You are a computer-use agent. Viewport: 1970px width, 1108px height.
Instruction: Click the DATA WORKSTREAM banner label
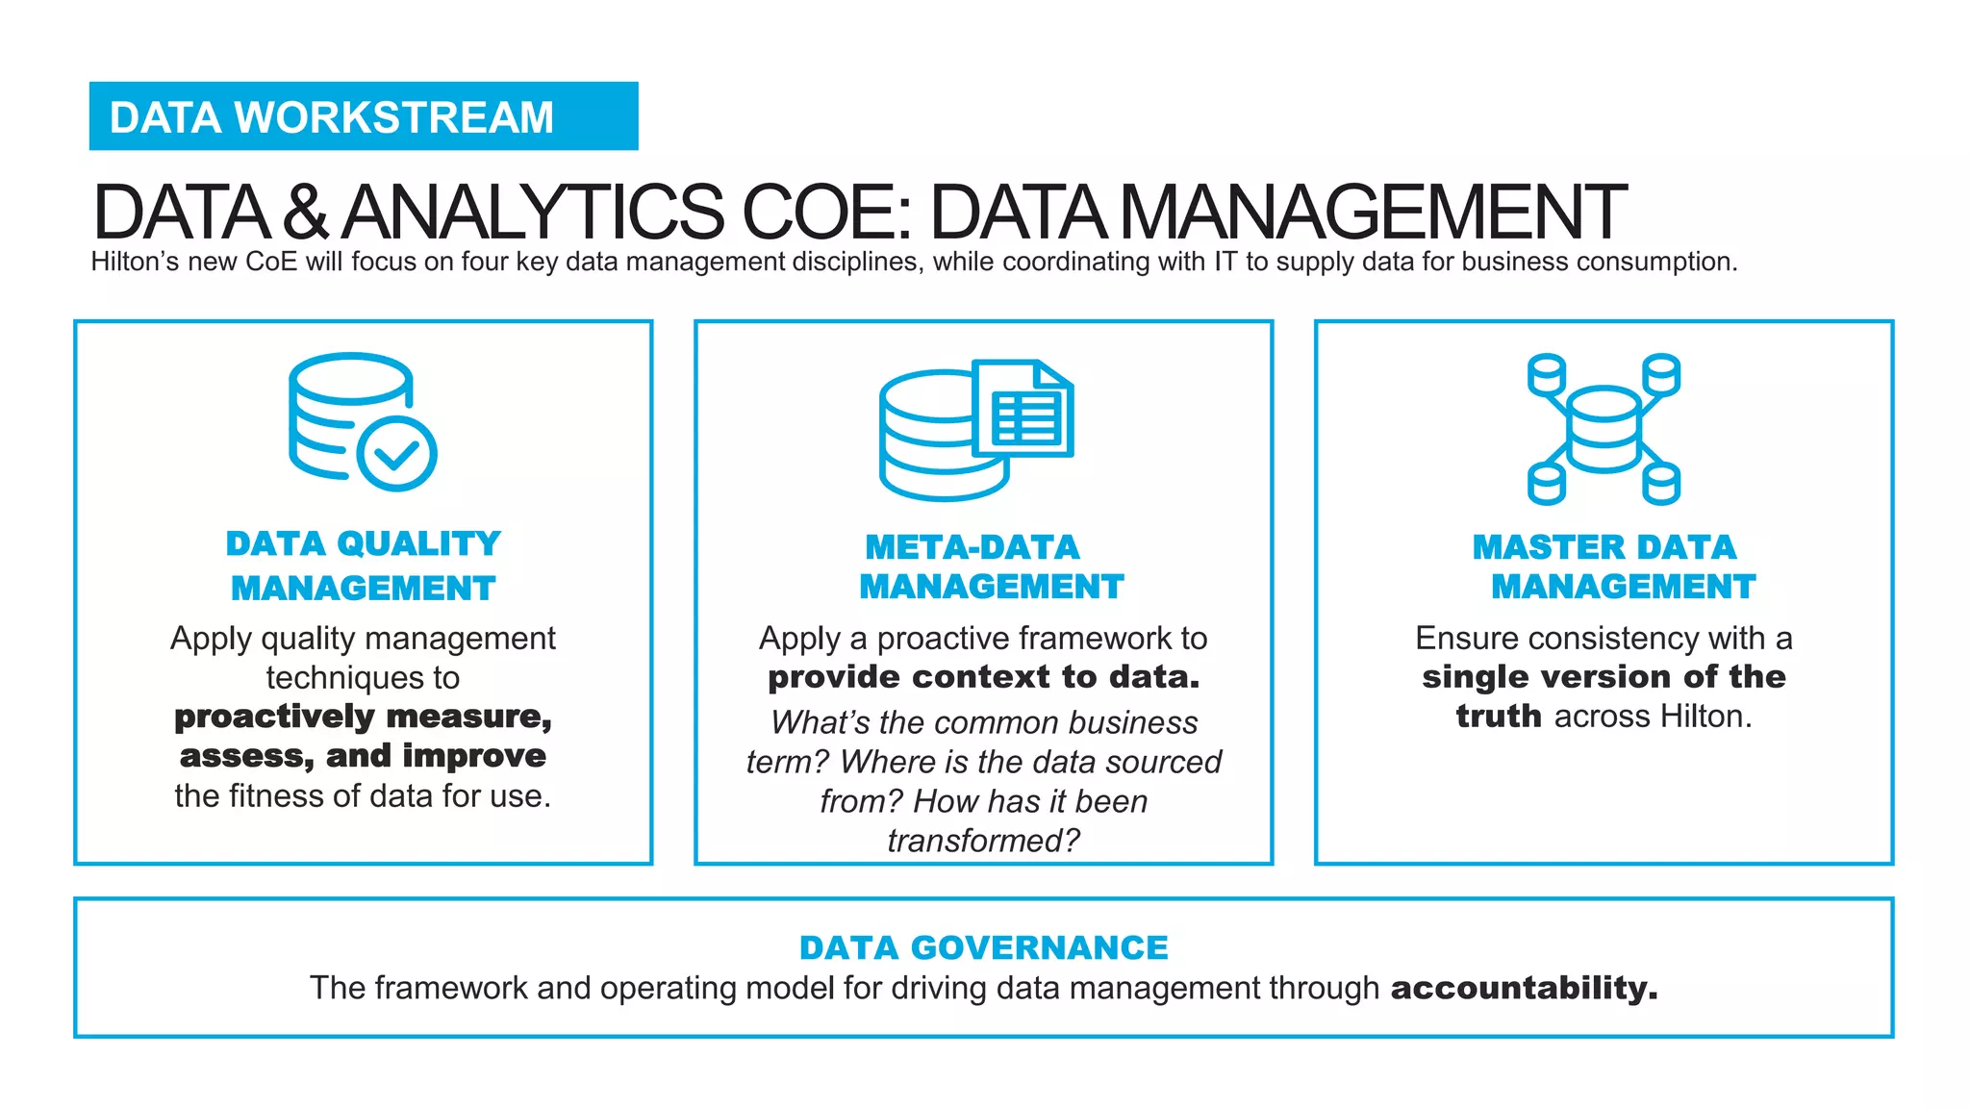(x=332, y=117)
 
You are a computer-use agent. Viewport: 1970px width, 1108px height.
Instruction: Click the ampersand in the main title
(x=306, y=213)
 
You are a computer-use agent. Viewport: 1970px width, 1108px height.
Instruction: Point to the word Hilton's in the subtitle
(x=135, y=262)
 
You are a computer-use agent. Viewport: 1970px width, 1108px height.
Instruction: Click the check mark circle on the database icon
(x=396, y=453)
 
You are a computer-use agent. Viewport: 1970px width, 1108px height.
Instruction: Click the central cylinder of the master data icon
(x=1604, y=429)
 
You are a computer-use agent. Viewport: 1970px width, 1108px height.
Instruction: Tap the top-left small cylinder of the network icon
(x=1547, y=374)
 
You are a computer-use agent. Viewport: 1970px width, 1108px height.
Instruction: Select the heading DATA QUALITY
(x=364, y=543)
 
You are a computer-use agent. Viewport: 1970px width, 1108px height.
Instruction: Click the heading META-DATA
(x=972, y=547)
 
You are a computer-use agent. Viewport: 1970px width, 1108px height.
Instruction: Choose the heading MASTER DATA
(x=1604, y=547)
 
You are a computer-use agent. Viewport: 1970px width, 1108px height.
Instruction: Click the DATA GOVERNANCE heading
(x=984, y=947)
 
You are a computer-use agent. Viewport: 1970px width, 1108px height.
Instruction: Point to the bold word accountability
(x=1524, y=988)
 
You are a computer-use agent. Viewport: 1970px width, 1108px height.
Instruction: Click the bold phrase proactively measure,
(x=364, y=718)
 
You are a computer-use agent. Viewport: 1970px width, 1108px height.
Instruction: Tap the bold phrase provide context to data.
(x=984, y=677)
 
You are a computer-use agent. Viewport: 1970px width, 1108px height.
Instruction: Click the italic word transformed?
(x=984, y=841)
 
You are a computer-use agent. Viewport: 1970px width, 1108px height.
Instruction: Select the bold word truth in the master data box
(x=1499, y=717)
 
